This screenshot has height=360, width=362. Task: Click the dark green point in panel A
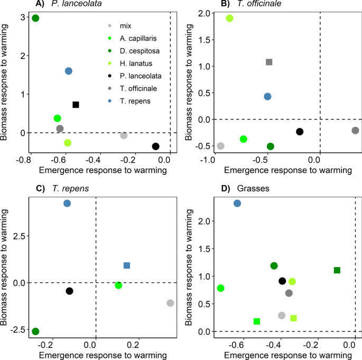point(35,19)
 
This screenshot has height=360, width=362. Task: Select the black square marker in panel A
point(76,105)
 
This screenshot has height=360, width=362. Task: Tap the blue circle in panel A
point(69,71)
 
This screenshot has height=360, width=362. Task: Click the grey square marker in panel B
point(268,62)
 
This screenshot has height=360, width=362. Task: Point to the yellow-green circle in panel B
point(230,19)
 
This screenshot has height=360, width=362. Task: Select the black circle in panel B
point(300,132)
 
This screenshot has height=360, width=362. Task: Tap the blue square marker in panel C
point(127,265)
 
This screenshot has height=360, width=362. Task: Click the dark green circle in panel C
point(35,331)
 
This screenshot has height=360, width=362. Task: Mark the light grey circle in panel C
point(170,303)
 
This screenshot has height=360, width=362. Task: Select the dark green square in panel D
point(337,270)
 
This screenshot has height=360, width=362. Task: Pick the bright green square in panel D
point(257,321)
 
